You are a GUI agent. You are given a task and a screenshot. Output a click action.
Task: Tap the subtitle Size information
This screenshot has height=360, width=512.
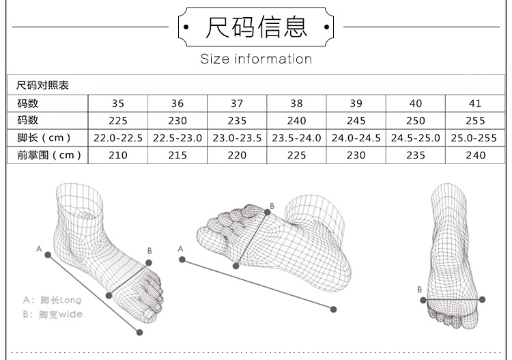(x=256, y=59)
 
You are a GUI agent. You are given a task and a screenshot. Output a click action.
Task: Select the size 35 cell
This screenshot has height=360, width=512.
(x=118, y=104)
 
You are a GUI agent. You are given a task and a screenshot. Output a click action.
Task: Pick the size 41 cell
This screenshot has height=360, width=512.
(x=475, y=104)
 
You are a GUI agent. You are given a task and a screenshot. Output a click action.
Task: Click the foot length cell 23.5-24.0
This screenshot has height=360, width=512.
(x=296, y=138)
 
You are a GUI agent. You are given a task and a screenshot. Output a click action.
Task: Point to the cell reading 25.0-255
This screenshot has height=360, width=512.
(x=475, y=138)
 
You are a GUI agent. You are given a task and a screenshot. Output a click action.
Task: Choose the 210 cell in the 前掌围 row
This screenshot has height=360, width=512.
(x=118, y=155)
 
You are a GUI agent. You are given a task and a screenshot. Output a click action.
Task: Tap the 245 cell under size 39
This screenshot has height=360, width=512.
(x=356, y=121)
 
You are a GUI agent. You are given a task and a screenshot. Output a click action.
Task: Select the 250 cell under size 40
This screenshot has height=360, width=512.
(x=416, y=121)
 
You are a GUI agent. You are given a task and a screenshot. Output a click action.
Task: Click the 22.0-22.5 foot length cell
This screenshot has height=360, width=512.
(x=118, y=138)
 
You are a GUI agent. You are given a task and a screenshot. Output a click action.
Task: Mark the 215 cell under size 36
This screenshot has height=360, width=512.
(x=177, y=155)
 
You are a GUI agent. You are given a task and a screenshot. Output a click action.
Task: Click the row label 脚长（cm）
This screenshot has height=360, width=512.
(x=48, y=138)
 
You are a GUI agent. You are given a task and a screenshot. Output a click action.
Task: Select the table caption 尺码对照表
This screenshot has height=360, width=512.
(x=42, y=86)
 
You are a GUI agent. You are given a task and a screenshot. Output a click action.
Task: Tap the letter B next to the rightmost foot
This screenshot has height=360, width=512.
(x=420, y=290)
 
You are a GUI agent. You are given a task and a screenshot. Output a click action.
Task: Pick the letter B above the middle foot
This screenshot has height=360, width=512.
(x=272, y=206)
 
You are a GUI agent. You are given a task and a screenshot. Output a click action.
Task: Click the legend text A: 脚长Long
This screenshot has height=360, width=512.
(x=52, y=300)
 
